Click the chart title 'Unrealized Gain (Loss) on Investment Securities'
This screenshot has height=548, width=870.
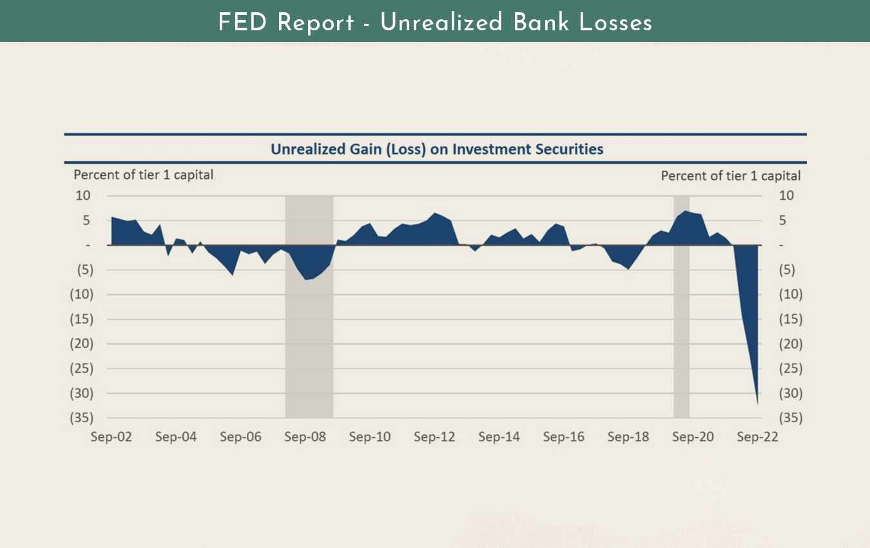click(x=436, y=150)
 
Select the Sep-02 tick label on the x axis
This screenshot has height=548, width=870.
click(x=111, y=437)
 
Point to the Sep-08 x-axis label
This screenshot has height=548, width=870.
click(x=305, y=437)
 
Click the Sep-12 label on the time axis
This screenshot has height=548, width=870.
click(x=434, y=437)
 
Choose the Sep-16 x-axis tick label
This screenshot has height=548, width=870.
click(x=564, y=437)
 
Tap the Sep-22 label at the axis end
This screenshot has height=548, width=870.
click(x=758, y=437)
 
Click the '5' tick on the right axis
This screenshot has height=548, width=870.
click(x=782, y=220)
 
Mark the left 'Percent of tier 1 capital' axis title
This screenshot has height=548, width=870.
click(x=143, y=175)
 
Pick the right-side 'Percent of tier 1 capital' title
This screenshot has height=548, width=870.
click(x=731, y=175)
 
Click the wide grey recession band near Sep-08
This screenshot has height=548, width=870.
click(x=309, y=335)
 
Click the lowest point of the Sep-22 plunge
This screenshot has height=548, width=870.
click(x=758, y=404)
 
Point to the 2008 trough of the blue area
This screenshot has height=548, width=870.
click(x=307, y=279)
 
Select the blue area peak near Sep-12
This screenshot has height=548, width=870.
click(x=436, y=213)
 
